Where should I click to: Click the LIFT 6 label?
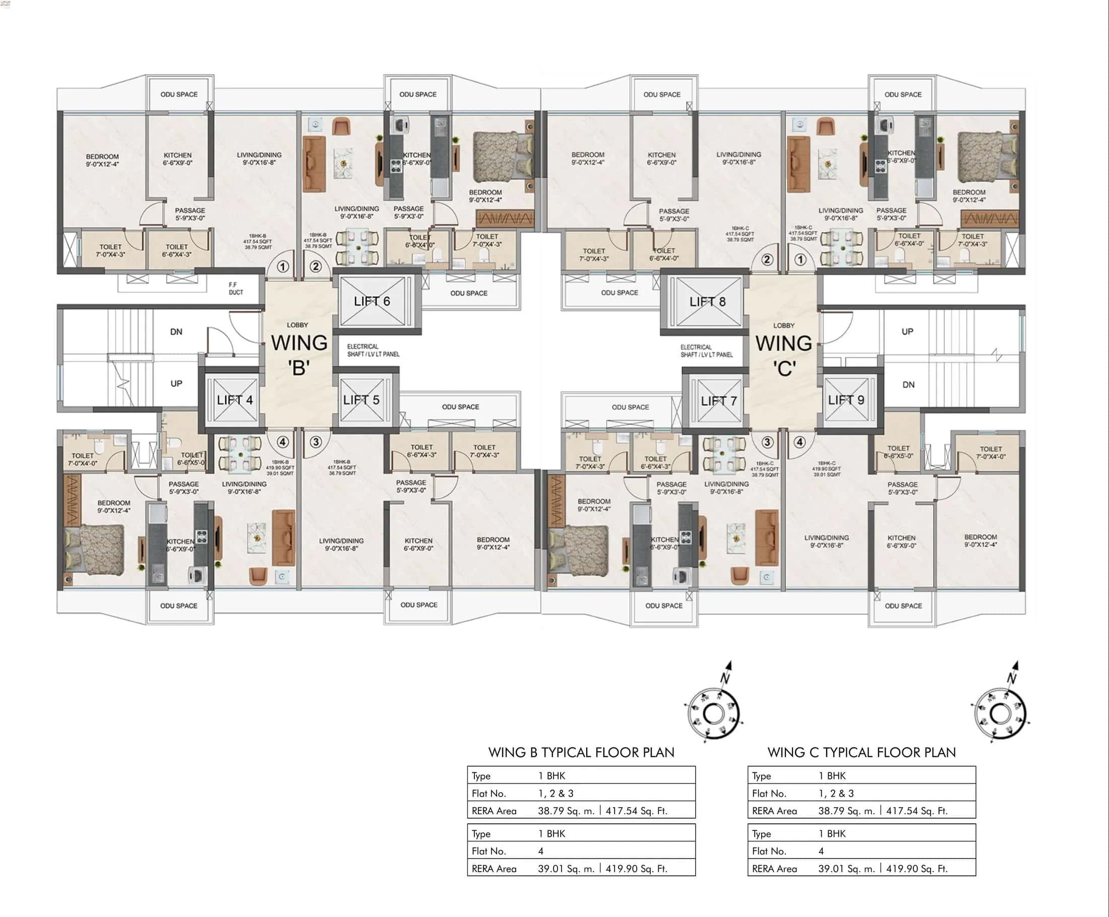(372, 301)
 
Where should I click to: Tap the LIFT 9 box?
(846, 400)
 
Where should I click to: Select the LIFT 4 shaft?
(234, 400)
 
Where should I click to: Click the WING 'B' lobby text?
(299, 354)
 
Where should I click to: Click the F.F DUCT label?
(235, 288)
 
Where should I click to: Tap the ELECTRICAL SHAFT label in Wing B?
(373, 351)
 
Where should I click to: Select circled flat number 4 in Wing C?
(799, 442)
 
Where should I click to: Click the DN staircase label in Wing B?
(176, 332)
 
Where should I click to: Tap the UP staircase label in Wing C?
(907, 332)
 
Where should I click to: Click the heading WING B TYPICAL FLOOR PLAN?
(581, 752)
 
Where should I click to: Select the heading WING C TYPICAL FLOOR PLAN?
(861, 752)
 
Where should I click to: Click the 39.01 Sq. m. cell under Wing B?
(566, 869)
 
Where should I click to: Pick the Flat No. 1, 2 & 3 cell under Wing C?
(836, 794)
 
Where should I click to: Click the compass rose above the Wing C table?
(1000, 713)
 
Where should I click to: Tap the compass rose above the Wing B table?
(714, 713)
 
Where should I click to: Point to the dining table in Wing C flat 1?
(842, 247)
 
